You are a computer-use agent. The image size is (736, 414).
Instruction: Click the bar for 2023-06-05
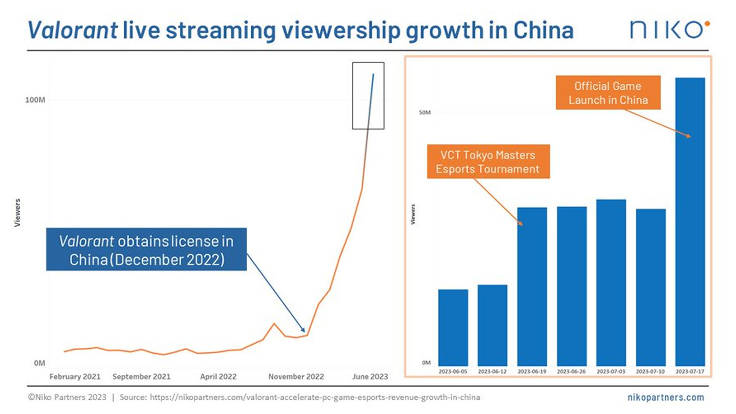453,328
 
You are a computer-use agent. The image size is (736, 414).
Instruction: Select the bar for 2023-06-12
492,325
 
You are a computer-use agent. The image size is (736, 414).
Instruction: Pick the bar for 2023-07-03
611,282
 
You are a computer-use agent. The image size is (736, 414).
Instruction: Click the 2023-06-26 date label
571,371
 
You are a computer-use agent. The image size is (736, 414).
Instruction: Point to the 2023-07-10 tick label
650,371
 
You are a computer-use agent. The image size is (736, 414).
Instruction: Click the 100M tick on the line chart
35,100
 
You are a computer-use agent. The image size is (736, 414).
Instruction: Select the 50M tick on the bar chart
425,112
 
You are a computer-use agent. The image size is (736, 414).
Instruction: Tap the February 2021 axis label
75,376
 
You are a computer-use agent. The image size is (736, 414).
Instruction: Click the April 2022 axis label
218,376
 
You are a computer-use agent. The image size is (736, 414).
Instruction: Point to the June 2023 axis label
370,376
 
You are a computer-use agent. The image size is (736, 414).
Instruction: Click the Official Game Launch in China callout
608,93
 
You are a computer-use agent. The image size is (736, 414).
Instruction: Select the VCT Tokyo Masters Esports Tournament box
488,162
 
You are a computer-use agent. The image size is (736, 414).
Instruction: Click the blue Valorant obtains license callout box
146,249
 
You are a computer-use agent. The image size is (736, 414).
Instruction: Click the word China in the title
543,30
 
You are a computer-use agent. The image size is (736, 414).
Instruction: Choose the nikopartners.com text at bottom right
665,397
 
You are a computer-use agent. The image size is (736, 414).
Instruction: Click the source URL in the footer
315,397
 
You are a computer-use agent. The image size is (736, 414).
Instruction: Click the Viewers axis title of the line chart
17,213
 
